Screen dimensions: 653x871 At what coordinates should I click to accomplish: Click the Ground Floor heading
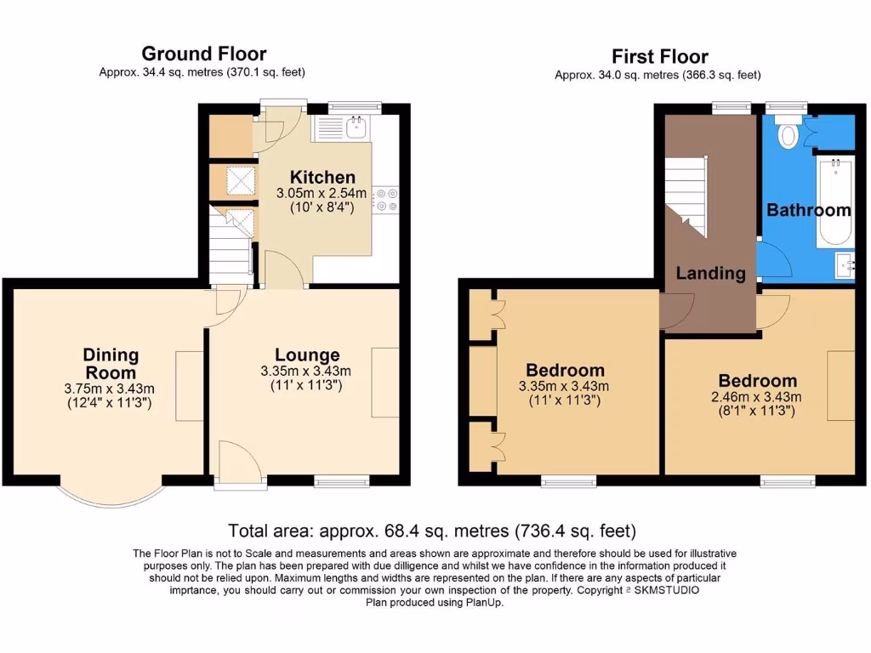tap(203, 54)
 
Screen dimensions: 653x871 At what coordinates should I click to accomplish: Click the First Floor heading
tap(659, 57)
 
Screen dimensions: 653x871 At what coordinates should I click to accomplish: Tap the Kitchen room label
tap(322, 178)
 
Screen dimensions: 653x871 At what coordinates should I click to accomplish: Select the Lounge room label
tap(306, 355)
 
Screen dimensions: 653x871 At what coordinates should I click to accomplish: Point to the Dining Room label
tap(111, 364)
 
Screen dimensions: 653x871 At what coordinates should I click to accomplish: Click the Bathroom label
tap(809, 210)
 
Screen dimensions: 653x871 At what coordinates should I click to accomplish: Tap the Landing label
tap(711, 273)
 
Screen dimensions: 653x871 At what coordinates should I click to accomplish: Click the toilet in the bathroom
tap(788, 133)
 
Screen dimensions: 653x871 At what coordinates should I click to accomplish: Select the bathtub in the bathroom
tap(835, 202)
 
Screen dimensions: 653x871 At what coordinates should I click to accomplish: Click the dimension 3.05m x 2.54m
tap(322, 194)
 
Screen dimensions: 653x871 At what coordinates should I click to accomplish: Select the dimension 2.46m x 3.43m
tap(757, 397)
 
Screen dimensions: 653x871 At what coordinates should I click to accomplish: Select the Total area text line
tap(431, 531)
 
